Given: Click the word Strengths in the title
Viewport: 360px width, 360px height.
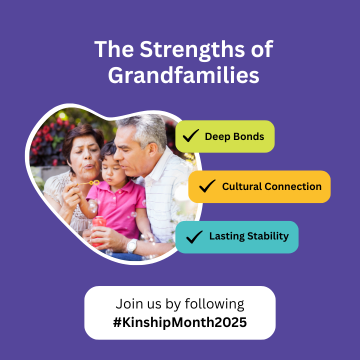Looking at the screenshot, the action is (x=192, y=49).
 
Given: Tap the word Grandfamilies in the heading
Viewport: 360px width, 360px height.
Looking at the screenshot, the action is (x=183, y=75).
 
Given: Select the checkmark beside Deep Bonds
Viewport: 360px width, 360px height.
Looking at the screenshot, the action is (x=191, y=135).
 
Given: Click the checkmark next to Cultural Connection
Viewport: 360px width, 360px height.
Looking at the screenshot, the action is (x=207, y=186).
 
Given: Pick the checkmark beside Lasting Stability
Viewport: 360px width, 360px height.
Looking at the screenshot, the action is (x=194, y=236).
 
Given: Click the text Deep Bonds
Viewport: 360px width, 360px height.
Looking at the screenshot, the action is (x=234, y=136).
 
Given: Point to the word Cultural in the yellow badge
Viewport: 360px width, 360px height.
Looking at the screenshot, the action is (x=242, y=186).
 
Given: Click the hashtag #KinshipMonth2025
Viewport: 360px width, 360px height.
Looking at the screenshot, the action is (x=180, y=322).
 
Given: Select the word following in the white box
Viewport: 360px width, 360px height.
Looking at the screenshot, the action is (x=214, y=304).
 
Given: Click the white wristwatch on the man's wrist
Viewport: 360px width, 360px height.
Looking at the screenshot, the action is (x=132, y=245).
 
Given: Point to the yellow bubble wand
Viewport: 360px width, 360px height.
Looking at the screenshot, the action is (x=88, y=183).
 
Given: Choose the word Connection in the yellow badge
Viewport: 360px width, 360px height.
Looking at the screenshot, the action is (x=293, y=186).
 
